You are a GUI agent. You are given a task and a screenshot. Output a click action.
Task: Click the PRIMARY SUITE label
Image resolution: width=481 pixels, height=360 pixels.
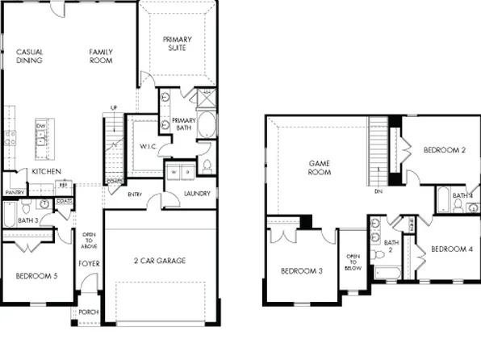[178, 44]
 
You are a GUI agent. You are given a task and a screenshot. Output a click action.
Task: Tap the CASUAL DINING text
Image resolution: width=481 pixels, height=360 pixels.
[29, 57]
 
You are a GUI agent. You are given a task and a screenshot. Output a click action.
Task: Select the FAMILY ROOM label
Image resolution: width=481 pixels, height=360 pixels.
[101, 57]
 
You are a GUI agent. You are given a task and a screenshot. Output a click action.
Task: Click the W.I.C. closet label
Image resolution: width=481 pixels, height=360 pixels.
[147, 147]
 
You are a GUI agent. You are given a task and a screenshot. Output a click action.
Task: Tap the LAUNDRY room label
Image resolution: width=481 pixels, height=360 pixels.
[197, 194]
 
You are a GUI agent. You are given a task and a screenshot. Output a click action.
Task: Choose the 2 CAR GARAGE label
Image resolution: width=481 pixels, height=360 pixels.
[160, 261]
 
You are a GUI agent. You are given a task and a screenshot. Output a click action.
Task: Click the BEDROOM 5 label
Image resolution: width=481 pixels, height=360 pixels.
[36, 277]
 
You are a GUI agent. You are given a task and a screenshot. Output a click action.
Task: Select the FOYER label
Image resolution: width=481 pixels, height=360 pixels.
[88, 264]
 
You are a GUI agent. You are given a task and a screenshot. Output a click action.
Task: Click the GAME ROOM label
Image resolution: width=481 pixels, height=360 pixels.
[321, 168]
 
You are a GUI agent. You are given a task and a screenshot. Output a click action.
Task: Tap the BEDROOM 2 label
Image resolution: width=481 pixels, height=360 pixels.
[445, 150]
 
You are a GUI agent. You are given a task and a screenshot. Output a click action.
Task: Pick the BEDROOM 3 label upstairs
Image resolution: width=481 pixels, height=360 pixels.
[302, 271]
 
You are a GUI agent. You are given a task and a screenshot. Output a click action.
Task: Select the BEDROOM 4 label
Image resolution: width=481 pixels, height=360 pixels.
[450, 249]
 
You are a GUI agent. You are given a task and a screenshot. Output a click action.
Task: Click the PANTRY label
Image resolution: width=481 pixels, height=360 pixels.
[15, 193]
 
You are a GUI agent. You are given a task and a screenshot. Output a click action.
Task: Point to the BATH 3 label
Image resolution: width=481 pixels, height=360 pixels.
[28, 220]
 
